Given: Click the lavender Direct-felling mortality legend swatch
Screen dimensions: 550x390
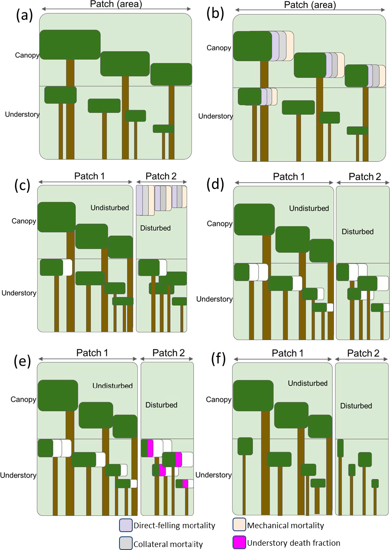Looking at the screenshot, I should click(125, 525).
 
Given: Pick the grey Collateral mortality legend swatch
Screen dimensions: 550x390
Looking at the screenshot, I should click(125, 543).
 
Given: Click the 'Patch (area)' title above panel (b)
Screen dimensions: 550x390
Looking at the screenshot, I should click(309, 6).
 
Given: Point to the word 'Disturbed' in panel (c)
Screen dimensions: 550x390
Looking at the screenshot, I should click(155, 228).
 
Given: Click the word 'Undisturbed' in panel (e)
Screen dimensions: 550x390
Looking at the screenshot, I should click(112, 386).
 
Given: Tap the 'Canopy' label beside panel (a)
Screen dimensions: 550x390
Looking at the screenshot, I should click(27, 55).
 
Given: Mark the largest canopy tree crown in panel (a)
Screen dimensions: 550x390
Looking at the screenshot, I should click(70, 44).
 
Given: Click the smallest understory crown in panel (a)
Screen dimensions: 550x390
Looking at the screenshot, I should click(163, 128).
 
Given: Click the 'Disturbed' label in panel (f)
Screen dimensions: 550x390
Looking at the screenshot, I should click(356, 406).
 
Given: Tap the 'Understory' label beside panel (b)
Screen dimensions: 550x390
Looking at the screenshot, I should click(215, 116).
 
